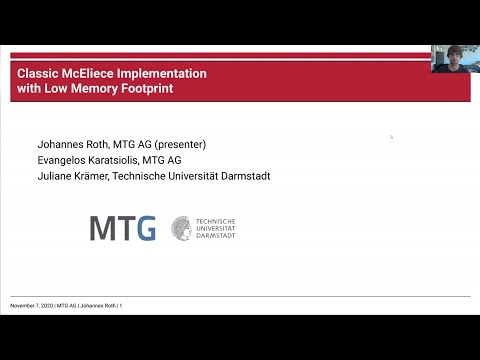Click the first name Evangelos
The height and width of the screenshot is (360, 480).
[63, 160]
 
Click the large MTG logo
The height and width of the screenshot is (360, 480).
[122, 227]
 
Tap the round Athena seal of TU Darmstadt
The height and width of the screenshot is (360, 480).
[182, 227]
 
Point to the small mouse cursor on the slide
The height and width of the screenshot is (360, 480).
[391, 137]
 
